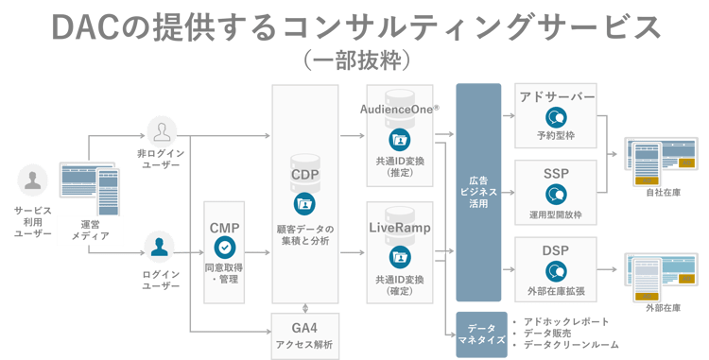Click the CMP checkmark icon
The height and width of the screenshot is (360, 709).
click(x=224, y=248)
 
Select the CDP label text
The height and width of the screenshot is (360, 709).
click(x=304, y=173)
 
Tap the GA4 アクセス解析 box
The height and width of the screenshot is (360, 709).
click(x=304, y=334)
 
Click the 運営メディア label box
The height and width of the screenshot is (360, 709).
click(x=90, y=230)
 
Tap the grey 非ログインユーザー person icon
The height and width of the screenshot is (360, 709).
click(x=161, y=130)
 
